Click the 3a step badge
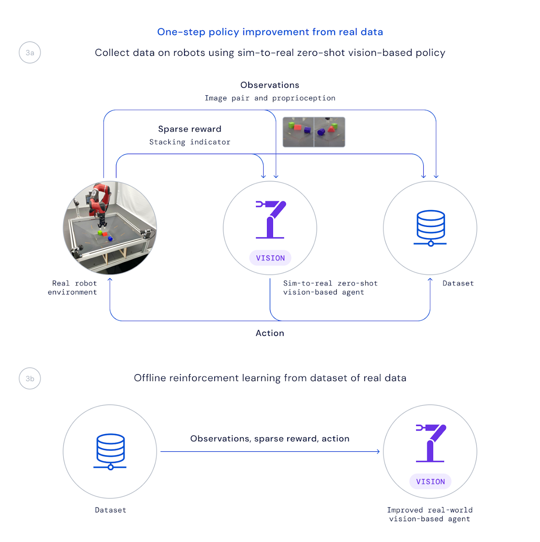30,53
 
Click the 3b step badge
30,378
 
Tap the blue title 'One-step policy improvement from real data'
270,32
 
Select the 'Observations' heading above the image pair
270,85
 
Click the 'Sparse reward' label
190,129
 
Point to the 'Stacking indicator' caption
190,142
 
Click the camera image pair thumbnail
314,132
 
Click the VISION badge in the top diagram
270,258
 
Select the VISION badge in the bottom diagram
430,482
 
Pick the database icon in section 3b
110,451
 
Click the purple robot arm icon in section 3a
271,219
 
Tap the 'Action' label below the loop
270,333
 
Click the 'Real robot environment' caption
73,288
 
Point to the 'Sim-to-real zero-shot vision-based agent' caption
330,288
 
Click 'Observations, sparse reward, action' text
270,438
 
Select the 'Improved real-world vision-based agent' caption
430,514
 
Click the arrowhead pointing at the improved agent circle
378,452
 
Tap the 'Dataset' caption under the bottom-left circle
111,510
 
